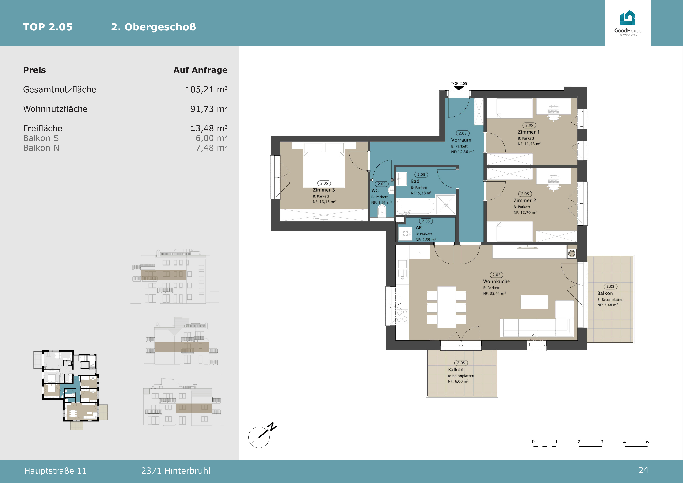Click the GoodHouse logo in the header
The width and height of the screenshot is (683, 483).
click(x=628, y=23)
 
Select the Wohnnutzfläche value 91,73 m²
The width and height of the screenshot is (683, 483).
click(x=209, y=109)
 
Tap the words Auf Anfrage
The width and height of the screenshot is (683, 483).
click(x=200, y=70)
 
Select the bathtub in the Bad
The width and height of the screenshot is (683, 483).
click(x=416, y=206)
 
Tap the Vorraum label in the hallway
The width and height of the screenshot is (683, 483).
click(x=461, y=140)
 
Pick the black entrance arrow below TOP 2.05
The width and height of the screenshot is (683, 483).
click(x=459, y=88)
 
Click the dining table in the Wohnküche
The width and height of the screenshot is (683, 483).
click(x=447, y=307)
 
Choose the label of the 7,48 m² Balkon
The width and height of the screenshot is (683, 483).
click(x=605, y=293)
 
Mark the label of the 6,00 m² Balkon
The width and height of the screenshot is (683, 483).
click(x=456, y=370)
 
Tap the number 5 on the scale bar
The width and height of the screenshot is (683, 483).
click(x=647, y=442)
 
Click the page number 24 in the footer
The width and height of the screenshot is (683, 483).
click(x=643, y=470)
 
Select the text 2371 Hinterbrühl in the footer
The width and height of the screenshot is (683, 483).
click(x=175, y=471)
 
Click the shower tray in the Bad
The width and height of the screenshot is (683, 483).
click(x=446, y=205)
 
